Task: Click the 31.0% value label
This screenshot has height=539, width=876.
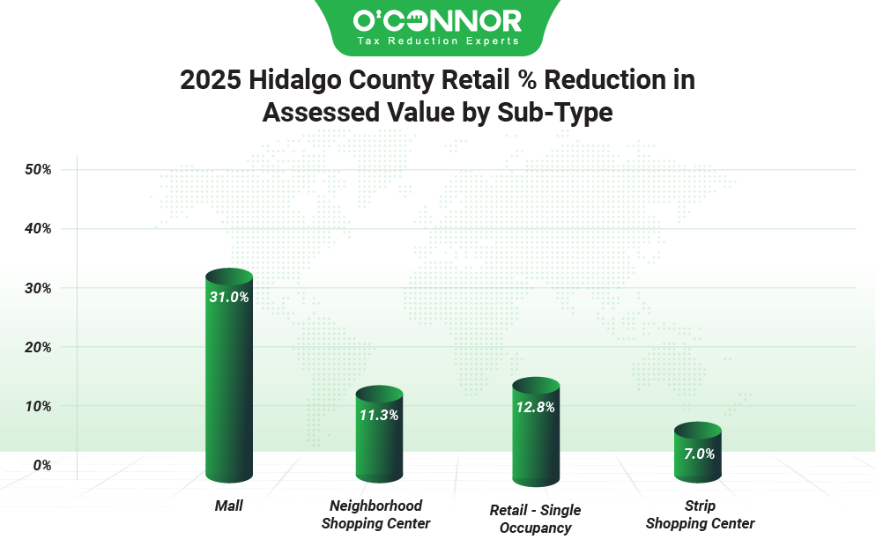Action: tap(229, 298)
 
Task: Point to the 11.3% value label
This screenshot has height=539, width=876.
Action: tap(379, 415)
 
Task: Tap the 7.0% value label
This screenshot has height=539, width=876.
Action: tap(698, 454)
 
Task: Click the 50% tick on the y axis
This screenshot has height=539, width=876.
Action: tap(38, 169)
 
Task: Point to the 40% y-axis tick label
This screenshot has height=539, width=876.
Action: tap(38, 229)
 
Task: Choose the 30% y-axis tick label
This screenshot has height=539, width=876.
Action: tap(38, 288)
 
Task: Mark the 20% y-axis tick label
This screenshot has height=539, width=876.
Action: tap(38, 347)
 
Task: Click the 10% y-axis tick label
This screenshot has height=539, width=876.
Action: tap(38, 406)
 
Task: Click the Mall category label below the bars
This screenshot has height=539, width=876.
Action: tap(229, 506)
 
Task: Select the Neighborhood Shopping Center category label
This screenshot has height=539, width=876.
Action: tap(375, 515)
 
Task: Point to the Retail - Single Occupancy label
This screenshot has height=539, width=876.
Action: tap(535, 519)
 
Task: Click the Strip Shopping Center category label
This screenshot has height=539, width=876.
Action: tap(700, 515)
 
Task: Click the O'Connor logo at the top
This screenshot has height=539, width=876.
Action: tap(437, 26)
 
